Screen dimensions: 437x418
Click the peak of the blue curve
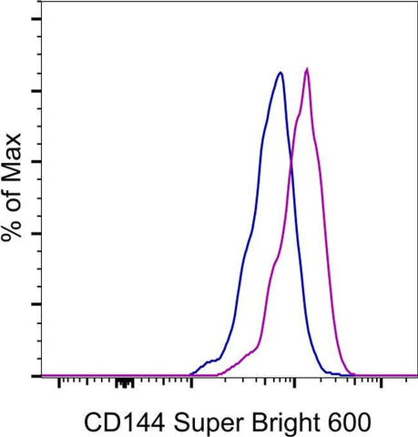click(280, 73)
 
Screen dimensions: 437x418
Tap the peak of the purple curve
click(308, 69)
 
